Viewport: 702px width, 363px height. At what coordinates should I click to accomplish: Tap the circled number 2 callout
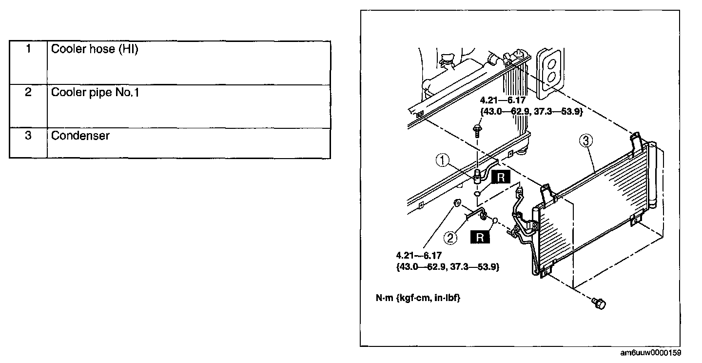coord(450,238)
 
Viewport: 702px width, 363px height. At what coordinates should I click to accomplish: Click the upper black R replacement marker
coord(500,178)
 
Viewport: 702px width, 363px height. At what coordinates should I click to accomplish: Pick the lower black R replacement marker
coord(480,238)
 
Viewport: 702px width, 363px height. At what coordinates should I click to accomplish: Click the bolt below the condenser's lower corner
coord(599,303)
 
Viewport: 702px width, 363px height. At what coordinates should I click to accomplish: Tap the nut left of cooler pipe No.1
coord(458,203)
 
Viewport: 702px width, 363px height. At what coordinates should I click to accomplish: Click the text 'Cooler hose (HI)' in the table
coord(95,49)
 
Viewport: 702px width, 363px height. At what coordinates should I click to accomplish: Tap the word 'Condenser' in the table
coord(80,135)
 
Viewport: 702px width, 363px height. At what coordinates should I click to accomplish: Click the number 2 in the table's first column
coord(28,92)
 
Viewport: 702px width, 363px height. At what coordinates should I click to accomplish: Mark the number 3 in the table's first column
coord(28,135)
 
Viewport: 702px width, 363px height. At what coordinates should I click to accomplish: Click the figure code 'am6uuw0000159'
coord(650,353)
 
